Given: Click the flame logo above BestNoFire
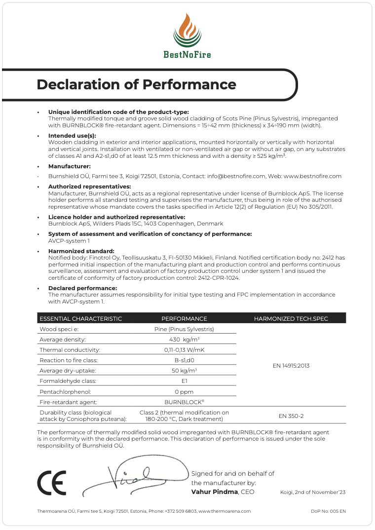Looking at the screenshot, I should [187, 30].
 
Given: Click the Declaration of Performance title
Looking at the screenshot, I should [136, 84].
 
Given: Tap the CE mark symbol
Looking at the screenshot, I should [51, 483].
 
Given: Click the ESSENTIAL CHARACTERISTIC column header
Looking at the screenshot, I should [80, 319].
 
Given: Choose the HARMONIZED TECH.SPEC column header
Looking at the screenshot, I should [291, 319].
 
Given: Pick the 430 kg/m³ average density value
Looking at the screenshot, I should [184, 340].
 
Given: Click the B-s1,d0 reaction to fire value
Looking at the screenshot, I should [184, 360].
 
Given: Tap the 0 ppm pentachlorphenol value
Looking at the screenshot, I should [184, 391].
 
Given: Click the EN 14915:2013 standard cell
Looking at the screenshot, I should [291, 366].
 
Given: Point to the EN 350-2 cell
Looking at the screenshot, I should [291, 416].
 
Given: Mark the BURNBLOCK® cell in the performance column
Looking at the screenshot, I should [184, 402].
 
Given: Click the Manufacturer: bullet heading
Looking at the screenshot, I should [69, 166].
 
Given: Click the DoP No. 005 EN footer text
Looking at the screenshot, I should [328, 511].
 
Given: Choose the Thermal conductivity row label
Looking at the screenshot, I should [70, 350].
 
